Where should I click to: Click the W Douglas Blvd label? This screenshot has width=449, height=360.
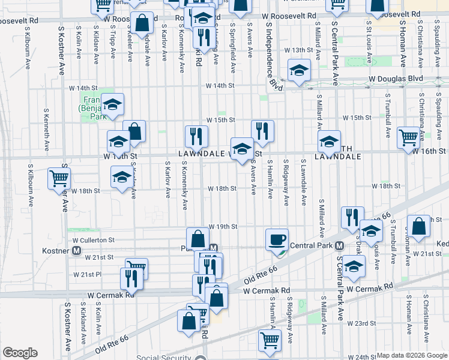[x=397, y=79]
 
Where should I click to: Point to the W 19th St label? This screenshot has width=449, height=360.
[x=223, y=227]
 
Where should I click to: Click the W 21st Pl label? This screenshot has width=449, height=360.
[x=85, y=274]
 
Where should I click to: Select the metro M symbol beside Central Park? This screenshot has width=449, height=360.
[x=339, y=246]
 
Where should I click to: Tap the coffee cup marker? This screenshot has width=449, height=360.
[x=277, y=240]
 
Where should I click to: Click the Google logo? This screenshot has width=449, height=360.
[x=20, y=353]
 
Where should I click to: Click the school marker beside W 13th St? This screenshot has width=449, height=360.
[x=299, y=71]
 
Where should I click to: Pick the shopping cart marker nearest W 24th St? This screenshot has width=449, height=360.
[x=270, y=340]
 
